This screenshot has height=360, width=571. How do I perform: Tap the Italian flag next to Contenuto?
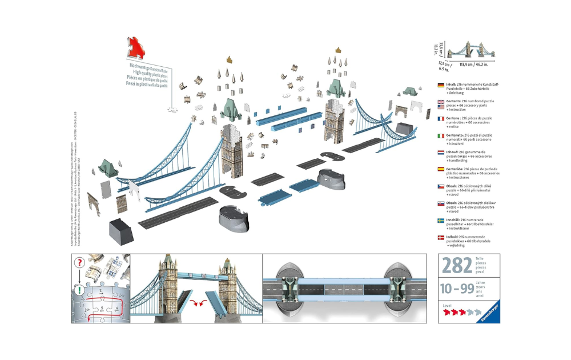coord(441,136)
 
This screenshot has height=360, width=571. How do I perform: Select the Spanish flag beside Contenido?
coord(441,170)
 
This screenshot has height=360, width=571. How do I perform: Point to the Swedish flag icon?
coord(441,221)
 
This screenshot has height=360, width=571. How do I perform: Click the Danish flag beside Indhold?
coord(441,237)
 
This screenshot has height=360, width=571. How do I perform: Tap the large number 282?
coord(457,266)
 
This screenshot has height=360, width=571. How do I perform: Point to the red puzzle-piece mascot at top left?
coord(136,48)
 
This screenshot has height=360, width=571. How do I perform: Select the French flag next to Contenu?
coord(441,119)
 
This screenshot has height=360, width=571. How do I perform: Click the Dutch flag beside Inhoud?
coord(441,153)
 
